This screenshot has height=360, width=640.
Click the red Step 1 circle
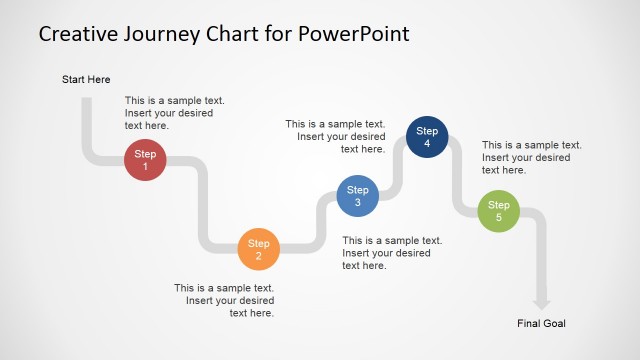click(x=145, y=160)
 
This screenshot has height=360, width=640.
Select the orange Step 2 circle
click(x=259, y=249)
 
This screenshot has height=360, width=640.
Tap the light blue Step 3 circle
click(x=357, y=196)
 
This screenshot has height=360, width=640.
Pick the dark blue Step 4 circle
click(x=427, y=137)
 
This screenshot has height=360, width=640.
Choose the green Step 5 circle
click(x=498, y=211)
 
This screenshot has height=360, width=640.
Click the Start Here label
click(x=86, y=79)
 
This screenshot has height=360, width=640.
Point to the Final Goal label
click(x=542, y=323)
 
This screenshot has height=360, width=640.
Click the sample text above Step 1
click(x=174, y=113)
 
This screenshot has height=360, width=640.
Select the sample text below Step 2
click(x=224, y=300)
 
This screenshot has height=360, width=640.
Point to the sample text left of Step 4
click(x=335, y=136)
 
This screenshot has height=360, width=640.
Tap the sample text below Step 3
click(x=392, y=253)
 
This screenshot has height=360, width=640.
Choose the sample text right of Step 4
click(x=531, y=157)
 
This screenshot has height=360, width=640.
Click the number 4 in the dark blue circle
click(x=427, y=144)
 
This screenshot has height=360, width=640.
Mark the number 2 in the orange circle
click(x=259, y=256)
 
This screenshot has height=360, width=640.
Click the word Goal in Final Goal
click(x=554, y=323)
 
